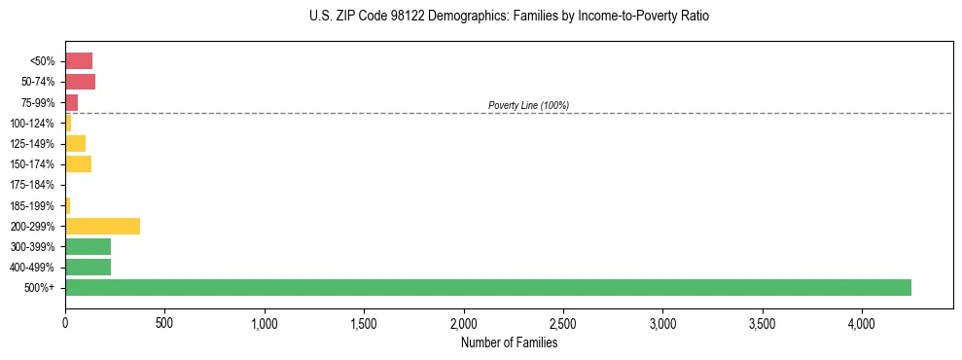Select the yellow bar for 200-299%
click(102, 226)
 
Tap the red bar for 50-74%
click(80, 82)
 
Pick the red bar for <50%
click(79, 61)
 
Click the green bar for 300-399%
click(88, 246)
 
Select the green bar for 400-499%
click(88, 267)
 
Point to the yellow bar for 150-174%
click(78, 164)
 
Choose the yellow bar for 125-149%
click(75, 144)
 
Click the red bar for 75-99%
click(71, 102)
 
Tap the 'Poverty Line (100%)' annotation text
click(528, 105)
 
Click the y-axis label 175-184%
click(32, 185)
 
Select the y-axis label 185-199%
click(32, 205)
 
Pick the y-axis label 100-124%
click(32, 124)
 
